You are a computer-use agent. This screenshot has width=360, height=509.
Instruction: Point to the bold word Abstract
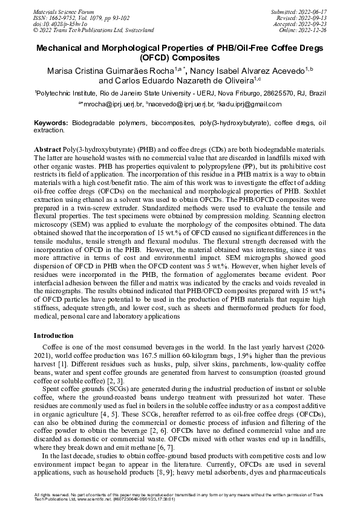click(47, 149)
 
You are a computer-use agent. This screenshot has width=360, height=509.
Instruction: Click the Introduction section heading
click(53, 336)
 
